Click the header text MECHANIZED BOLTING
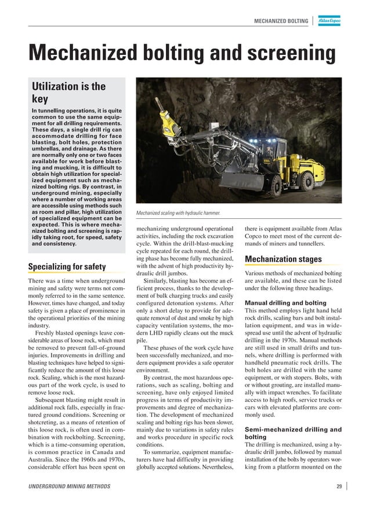[281, 21]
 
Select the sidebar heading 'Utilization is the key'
[68, 93]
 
